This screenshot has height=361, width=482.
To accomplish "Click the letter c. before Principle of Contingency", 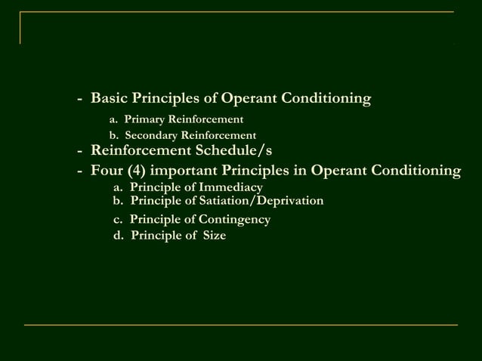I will pyautogui.click(x=118, y=220).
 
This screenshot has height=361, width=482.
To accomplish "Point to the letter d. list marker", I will pyautogui.click(x=118, y=236).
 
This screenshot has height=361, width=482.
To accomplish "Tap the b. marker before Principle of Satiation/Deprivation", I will pyautogui.click(x=118, y=201).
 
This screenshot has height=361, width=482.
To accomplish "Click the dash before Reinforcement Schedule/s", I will pyautogui.click(x=79, y=150).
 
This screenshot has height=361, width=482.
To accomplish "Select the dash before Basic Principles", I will pyautogui.click(x=79, y=99).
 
